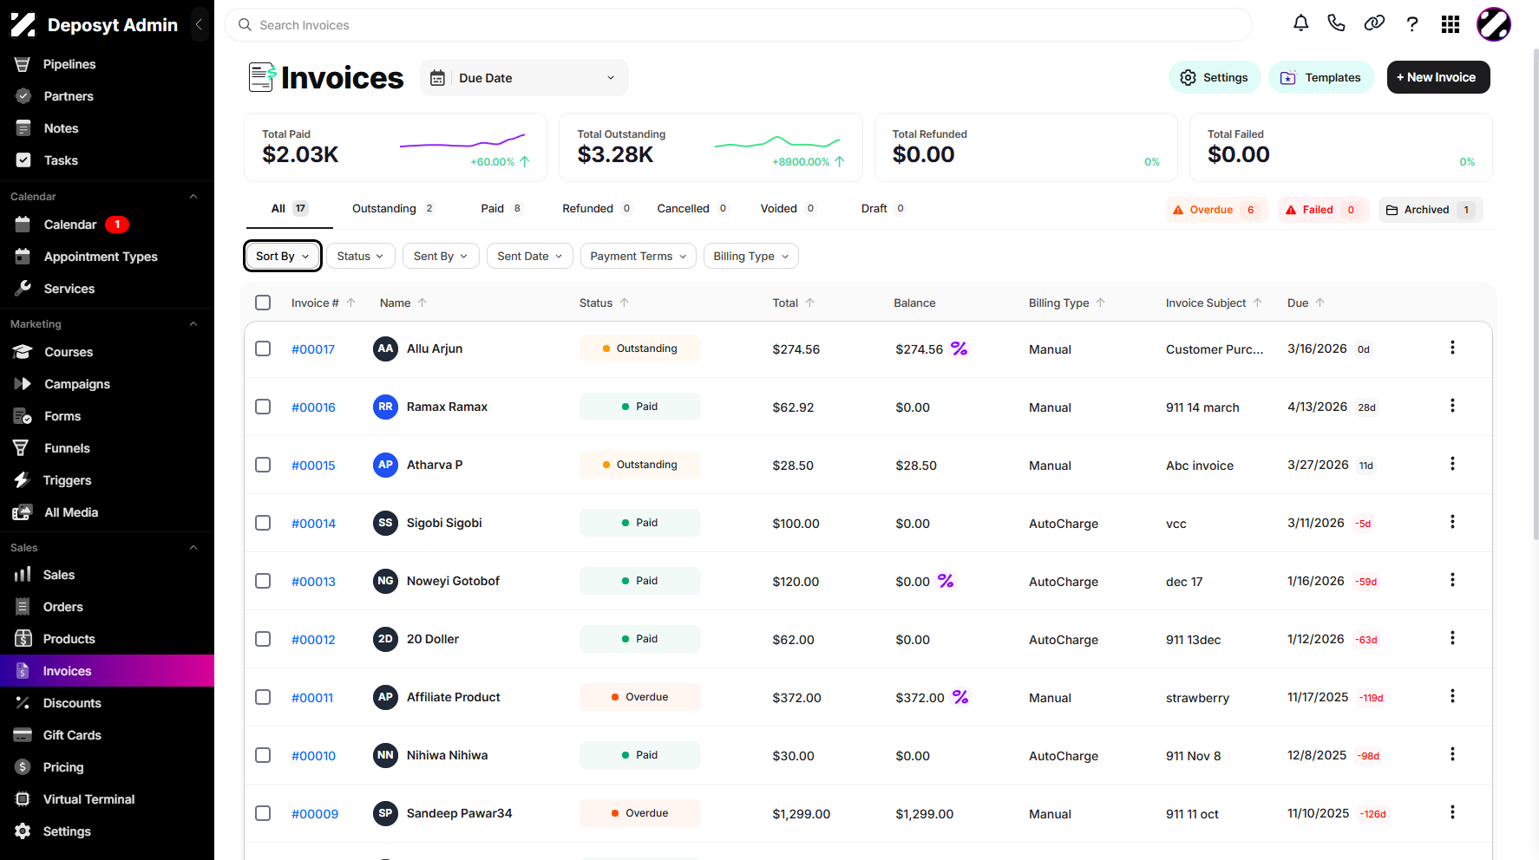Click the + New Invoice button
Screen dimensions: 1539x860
click(x=1437, y=77)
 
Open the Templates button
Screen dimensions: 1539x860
click(x=1320, y=77)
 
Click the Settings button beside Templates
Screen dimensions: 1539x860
click(x=1214, y=77)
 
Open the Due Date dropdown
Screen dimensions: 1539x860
click(x=524, y=78)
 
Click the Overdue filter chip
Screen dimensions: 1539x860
click(x=1216, y=210)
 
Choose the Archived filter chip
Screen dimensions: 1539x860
click(x=1430, y=210)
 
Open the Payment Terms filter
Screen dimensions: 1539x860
click(x=638, y=256)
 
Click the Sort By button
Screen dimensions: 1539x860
click(x=283, y=256)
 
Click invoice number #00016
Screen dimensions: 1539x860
click(x=313, y=407)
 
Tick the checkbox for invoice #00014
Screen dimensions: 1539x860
click(x=263, y=523)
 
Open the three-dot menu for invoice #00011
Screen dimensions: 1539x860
click(x=1452, y=696)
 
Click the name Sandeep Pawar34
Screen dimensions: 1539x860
click(x=459, y=813)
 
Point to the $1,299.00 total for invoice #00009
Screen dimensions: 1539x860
click(x=802, y=814)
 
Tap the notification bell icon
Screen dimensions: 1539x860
click(x=1300, y=23)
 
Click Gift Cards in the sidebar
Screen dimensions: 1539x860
click(x=72, y=735)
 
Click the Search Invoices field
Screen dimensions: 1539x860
click(x=738, y=25)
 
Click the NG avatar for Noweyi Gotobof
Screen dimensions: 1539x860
click(x=385, y=581)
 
